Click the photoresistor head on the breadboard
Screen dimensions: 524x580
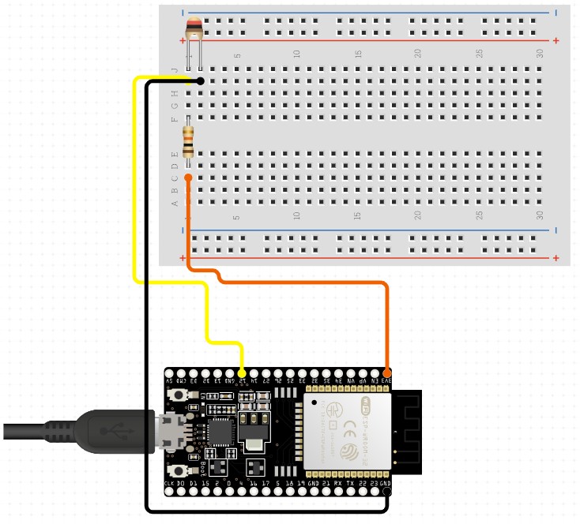(194, 31)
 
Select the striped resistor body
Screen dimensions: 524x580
(188, 142)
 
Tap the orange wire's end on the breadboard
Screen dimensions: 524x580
(188, 178)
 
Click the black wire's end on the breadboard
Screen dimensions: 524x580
(201, 81)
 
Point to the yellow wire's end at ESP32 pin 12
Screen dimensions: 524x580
(242, 372)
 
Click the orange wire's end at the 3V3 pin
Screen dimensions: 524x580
(386, 372)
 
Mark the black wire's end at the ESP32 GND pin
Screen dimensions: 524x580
(386, 492)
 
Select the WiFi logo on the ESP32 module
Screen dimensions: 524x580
(366, 408)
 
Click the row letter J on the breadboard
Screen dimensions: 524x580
(175, 69)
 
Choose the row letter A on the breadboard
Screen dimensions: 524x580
(175, 203)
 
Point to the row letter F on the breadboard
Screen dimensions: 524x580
(175, 119)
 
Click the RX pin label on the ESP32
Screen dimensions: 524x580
(337, 482)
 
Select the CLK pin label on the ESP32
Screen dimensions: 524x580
(169, 482)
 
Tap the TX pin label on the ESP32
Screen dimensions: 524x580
(350, 482)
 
